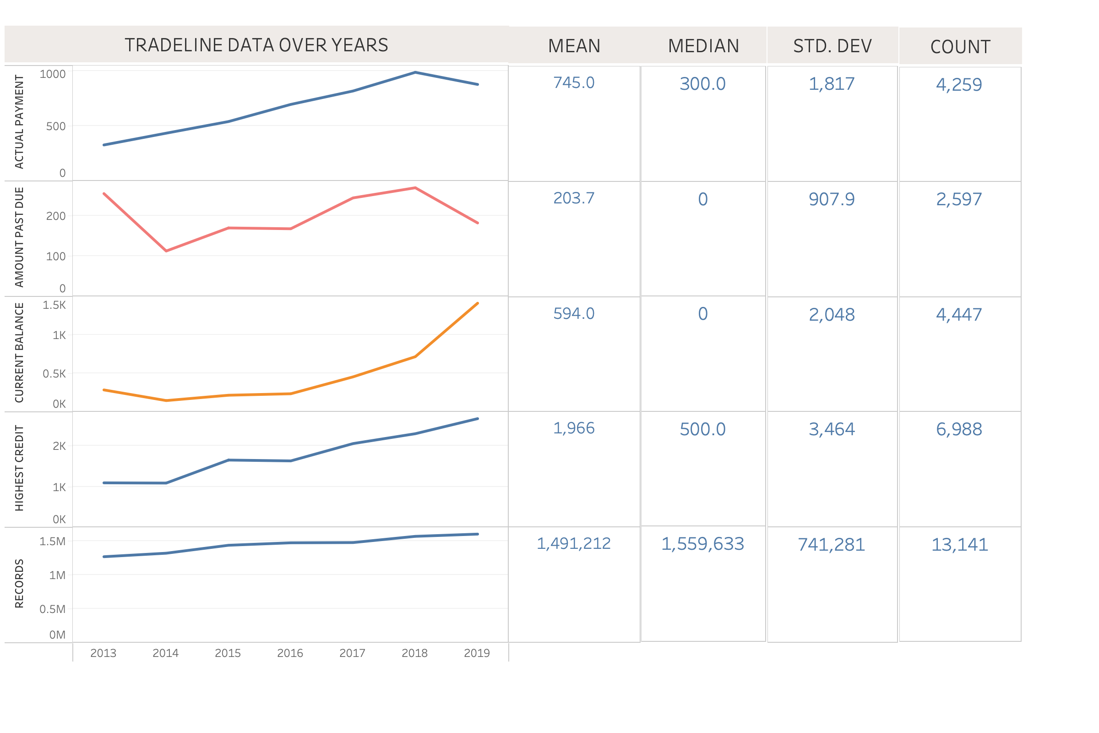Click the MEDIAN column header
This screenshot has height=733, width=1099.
703,46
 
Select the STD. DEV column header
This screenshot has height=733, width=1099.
832,46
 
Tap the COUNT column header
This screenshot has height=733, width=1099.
960,47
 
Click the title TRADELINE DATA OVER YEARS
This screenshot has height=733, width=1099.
256,45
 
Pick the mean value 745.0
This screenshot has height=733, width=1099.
574,83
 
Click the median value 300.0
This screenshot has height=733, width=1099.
702,84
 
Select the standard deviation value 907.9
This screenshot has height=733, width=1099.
832,199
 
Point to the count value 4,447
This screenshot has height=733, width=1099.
959,315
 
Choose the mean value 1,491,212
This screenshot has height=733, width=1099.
574,543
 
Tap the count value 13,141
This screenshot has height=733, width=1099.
960,545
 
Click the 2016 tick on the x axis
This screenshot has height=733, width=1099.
290,653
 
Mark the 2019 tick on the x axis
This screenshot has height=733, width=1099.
477,653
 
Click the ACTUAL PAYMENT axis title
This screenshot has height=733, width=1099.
19,121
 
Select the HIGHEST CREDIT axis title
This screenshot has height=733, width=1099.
19,468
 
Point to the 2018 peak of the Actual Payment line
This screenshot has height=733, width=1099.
415,72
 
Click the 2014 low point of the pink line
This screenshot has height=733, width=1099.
166,251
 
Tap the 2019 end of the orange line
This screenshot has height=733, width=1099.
478,303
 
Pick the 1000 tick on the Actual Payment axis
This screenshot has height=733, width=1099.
52,74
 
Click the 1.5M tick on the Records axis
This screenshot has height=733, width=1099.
52,542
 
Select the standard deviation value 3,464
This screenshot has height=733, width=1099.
832,429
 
